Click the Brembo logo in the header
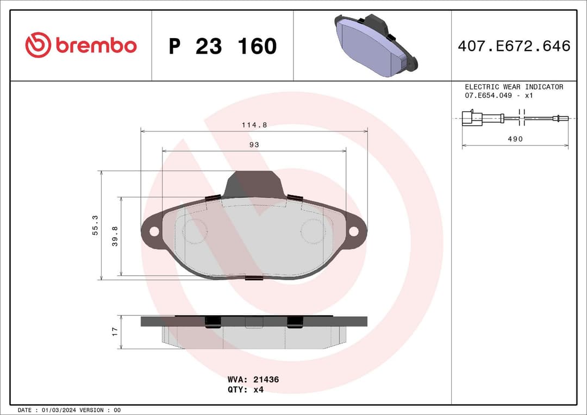pyautogui.click(x=81, y=46)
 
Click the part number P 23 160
pyautogui.click(x=222, y=47)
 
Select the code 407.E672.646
pyautogui.click(x=514, y=46)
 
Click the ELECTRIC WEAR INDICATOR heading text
pyautogui.click(x=514, y=87)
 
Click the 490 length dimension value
pyautogui.click(x=515, y=139)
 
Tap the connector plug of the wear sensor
pyautogui.click(x=469, y=118)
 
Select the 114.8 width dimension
pyautogui.click(x=254, y=125)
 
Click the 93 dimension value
pyautogui.click(x=254, y=145)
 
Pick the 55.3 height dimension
pyautogui.click(x=95, y=225)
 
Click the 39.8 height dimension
pyautogui.click(x=115, y=237)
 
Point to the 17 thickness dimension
pyautogui.click(x=115, y=331)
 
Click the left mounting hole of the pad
pyautogui.click(x=154, y=231)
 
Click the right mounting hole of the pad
pyautogui.click(x=354, y=231)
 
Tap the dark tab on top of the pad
pyautogui.click(x=254, y=184)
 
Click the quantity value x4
pyautogui.click(x=258, y=389)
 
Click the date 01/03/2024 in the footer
pyautogui.click(x=58, y=410)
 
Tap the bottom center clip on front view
pyautogui.click(x=254, y=279)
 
